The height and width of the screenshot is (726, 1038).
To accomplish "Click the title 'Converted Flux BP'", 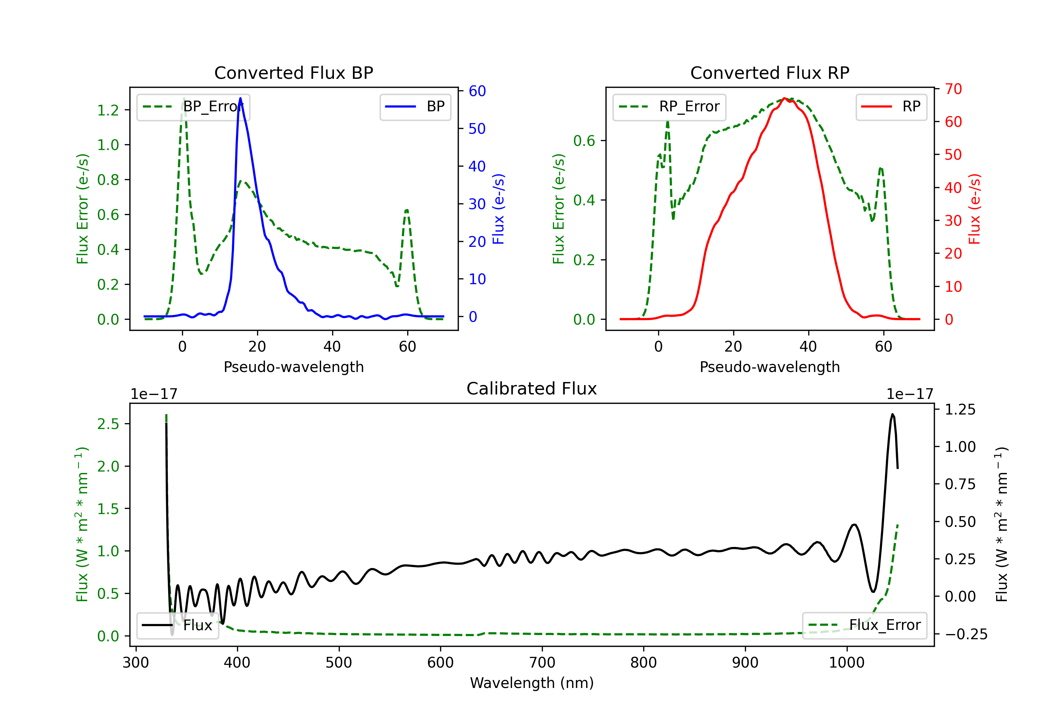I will pos(293,73).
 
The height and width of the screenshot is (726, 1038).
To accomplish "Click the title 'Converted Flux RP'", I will pos(770,73).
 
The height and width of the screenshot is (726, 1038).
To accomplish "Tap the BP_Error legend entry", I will pos(193,106).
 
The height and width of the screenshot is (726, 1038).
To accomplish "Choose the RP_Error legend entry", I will pos(669,106).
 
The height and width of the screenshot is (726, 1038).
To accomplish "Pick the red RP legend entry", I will pos(891,106).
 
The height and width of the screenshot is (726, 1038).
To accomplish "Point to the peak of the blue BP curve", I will pos(240,98).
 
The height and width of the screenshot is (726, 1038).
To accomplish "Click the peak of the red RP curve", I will pos(784,98).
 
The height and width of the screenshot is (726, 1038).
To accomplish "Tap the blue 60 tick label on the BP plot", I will pos(477,91).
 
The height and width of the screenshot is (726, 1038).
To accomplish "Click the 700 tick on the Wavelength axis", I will pos(542,662).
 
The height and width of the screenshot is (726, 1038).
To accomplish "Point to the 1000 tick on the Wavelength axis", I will pos(847,662).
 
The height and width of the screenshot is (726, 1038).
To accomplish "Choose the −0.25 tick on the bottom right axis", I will pos(966,634).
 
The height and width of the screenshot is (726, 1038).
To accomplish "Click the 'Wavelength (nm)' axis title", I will pos(532,683).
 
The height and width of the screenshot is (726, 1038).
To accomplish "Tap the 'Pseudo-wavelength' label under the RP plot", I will pos(770,367).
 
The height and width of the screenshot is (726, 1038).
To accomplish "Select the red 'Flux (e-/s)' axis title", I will pos(974,209).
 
